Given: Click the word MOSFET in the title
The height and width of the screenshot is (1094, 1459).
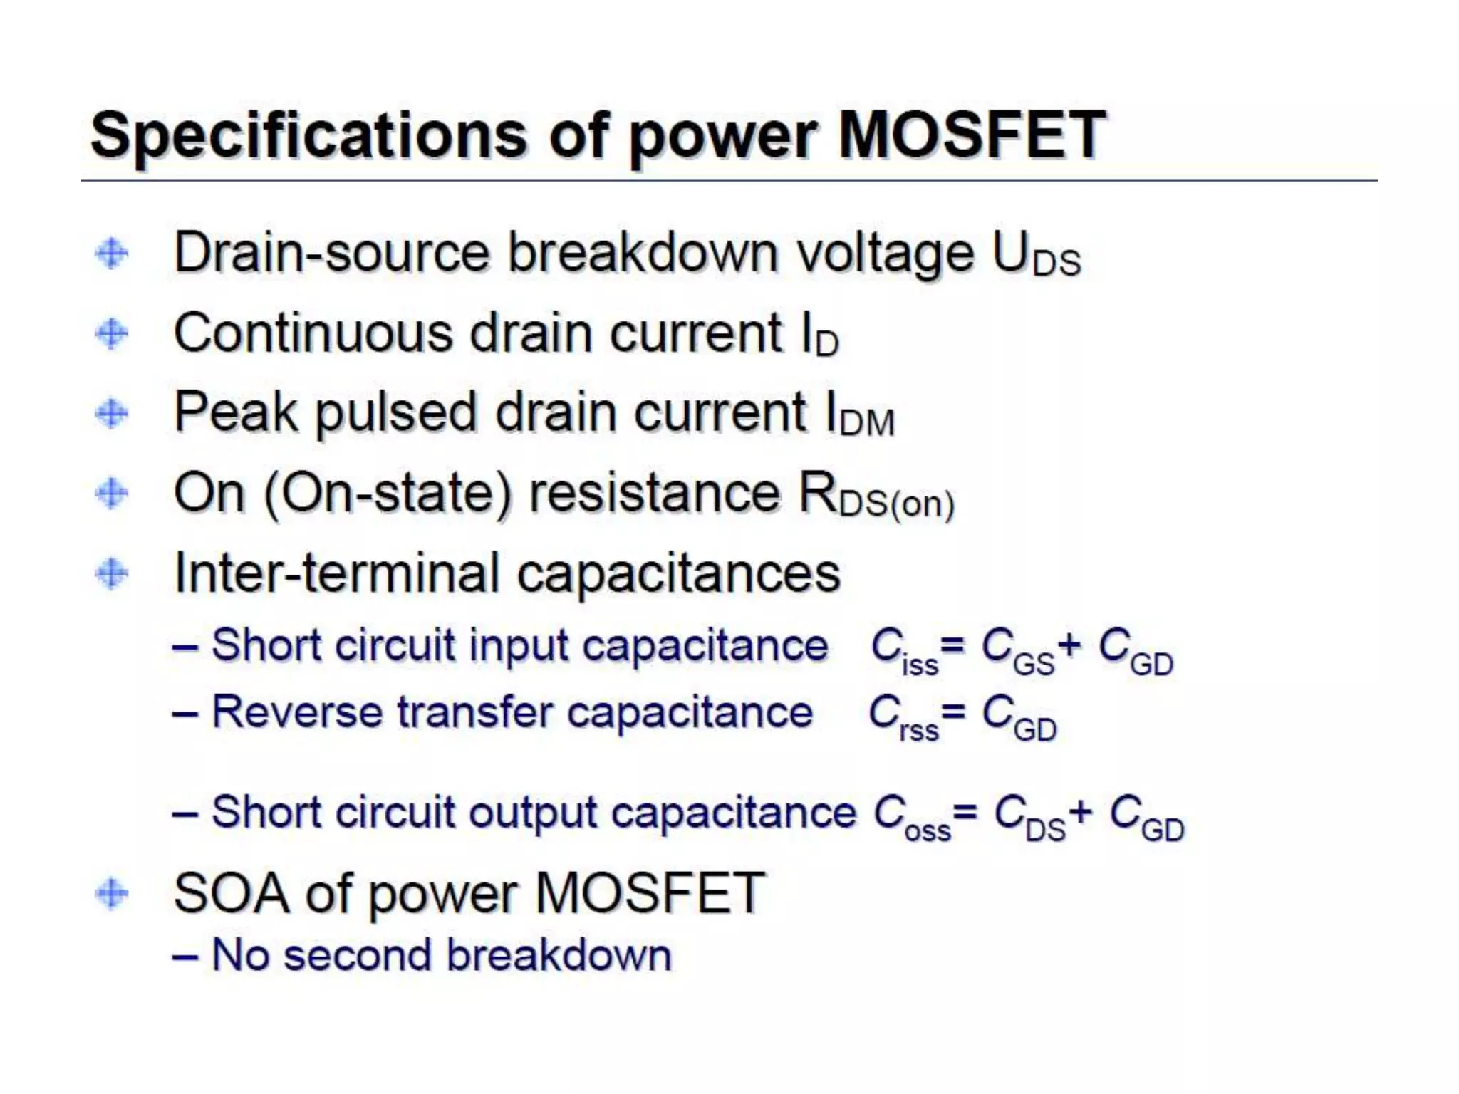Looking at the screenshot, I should point(972,135).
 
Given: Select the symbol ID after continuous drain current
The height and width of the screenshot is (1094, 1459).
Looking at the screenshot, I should point(819,336).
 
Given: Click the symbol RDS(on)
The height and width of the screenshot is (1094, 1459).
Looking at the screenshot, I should point(876,496).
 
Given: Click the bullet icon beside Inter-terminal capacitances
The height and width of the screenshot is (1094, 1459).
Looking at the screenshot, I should point(112,573).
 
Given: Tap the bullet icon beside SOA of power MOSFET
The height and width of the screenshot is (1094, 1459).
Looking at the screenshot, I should point(112,894).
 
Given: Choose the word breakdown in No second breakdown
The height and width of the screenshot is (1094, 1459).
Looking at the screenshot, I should point(559,955).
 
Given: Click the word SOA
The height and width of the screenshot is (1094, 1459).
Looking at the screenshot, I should point(232,894).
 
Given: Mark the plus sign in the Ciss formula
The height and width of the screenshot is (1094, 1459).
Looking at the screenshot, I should point(1069,645).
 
